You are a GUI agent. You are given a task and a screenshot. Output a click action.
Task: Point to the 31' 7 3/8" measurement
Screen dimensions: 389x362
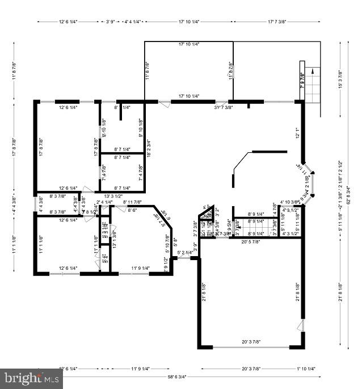223,107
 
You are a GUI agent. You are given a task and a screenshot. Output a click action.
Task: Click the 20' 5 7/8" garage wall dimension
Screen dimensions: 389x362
250,242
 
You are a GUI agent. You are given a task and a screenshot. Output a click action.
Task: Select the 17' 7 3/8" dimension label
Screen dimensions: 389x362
285,22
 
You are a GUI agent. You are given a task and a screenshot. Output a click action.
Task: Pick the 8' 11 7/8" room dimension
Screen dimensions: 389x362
132,202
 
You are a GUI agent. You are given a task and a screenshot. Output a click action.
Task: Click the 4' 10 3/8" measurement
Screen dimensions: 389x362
290,202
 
